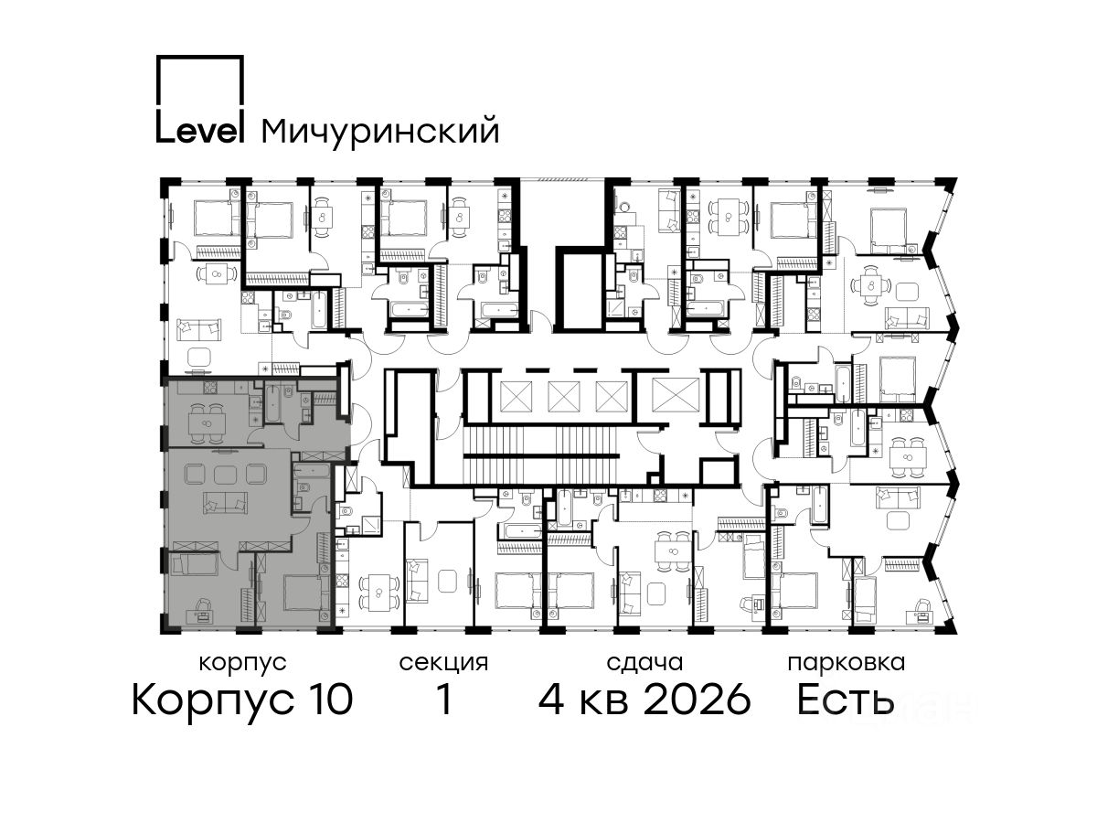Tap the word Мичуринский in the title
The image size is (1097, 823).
pyautogui.click(x=380, y=132)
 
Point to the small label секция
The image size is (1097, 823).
pyautogui.click(x=442, y=664)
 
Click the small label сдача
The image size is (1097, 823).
pyautogui.click(x=644, y=664)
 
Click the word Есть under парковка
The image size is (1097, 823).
pyautogui.click(x=845, y=700)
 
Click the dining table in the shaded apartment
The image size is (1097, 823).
pyautogui.click(x=207, y=423)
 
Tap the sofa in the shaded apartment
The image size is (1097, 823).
pyautogui.click(x=225, y=502)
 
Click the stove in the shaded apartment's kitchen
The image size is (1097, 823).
pyautogui.click(x=209, y=387)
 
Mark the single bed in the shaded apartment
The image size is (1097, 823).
pyautogui.click(x=195, y=563)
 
